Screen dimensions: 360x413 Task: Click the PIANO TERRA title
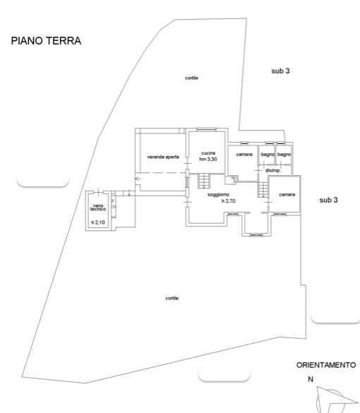pyautogui.click(x=46, y=41)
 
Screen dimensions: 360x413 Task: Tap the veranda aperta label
pyautogui.click(x=163, y=157)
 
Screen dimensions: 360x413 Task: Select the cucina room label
pyautogui.click(x=208, y=153)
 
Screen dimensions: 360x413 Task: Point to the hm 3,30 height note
pyautogui.click(x=208, y=159)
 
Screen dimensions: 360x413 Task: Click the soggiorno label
pyautogui.click(x=218, y=195)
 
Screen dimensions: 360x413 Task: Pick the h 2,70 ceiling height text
pyautogui.click(x=228, y=201)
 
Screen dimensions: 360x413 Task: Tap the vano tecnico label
pyautogui.click(x=98, y=208)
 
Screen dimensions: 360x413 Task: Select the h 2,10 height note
pyautogui.click(x=98, y=222)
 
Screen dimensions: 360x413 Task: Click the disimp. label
pyautogui.click(x=273, y=171)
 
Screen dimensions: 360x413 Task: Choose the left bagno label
pyautogui.click(x=268, y=155)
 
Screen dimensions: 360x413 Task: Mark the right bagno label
pyautogui.click(x=284, y=155)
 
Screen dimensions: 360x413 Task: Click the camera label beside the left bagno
pyautogui.click(x=244, y=155)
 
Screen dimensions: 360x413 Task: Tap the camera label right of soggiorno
pyautogui.click(x=287, y=195)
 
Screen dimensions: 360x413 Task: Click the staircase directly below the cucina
pyautogui.click(x=204, y=181)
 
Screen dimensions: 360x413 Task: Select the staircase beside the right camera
pyautogui.click(x=263, y=190)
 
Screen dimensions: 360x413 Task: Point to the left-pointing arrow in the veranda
pyautogui.click(x=138, y=179)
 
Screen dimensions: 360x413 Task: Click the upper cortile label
pyautogui.click(x=191, y=78)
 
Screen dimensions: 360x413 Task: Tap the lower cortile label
pyautogui.click(x=172, y=298)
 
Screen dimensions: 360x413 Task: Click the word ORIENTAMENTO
pyautogui.click(x=326, y=365)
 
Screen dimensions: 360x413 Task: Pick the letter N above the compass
pyautogui.click(x=311, y=379)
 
